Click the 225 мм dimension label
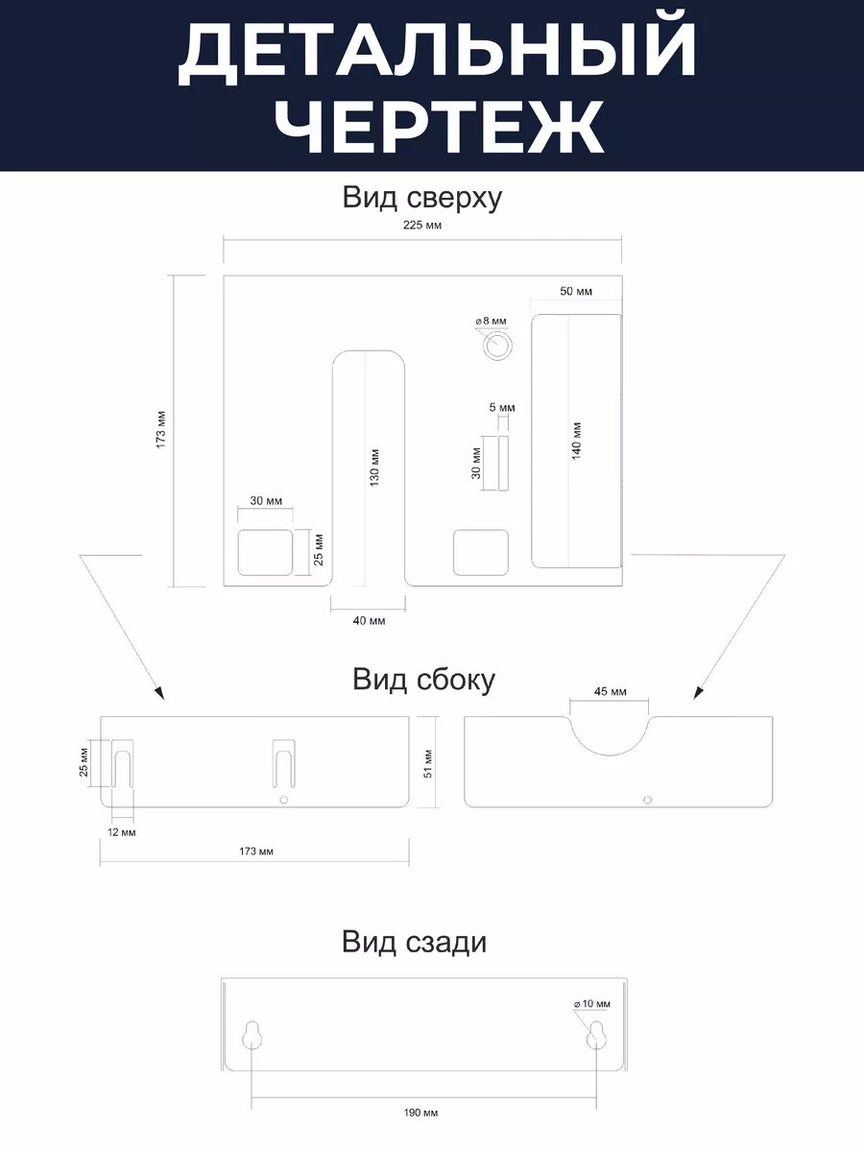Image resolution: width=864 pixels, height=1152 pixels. click(422, 226)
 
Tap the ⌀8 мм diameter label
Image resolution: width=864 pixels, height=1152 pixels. click(491, 321)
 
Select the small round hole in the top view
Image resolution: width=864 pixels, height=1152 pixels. click(497, 346)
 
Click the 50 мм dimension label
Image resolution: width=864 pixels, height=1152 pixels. click(576, 291)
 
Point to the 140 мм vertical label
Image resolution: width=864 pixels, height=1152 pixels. click(577, 441)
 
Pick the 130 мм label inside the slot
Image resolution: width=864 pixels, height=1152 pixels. click(374, 467)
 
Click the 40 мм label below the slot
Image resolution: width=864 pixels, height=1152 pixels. click(369, 621)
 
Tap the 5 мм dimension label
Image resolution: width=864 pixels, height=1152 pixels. click(502, 408)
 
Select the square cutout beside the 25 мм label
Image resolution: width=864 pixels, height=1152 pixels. click(265, 552)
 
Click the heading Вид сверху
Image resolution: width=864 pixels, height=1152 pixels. click(422, 198)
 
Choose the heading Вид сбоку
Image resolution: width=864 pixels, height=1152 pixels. click(423, 680)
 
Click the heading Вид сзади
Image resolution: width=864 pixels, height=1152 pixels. click(414, 942)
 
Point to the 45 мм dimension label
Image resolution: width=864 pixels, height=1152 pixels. click(610, 691)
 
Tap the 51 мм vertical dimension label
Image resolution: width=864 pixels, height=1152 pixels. click(429, 761)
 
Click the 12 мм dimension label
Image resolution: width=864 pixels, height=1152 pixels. click(122, 831)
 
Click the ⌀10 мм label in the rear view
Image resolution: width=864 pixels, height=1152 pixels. click(591, 1004)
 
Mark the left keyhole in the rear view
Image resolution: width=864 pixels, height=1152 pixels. click(252, 1037)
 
